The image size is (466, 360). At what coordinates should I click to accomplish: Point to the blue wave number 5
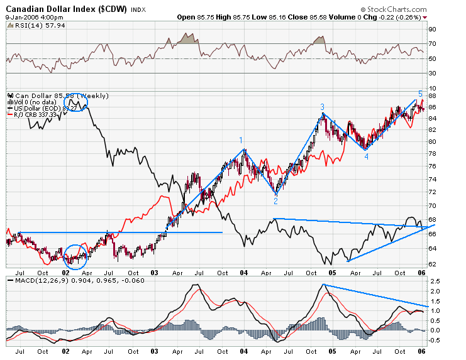point(420,93)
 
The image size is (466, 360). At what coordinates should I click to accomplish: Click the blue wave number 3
point(322,107)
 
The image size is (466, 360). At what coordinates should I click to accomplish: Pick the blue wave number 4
point(366,156)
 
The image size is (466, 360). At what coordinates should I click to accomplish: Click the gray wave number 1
point(241,140)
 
